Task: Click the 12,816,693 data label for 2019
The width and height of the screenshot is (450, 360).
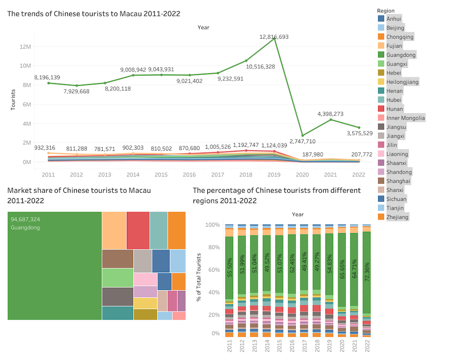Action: click(274, 36)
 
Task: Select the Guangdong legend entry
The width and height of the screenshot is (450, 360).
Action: click(400, 55)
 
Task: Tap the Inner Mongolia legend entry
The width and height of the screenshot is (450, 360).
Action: click(405, 118)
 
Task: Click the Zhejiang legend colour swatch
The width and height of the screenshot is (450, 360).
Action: click(381, 217)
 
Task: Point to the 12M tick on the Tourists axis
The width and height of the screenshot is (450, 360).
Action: click(25, 46)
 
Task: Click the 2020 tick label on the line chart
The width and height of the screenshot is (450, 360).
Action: click(302, 175)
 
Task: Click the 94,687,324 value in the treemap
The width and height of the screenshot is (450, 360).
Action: click(25, 219)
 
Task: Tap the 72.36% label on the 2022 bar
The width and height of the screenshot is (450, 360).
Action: click(366, 272)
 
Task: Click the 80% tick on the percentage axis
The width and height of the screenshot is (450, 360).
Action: click(213, 248)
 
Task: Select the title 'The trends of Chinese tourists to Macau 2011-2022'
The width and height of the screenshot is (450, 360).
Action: click(94, 14)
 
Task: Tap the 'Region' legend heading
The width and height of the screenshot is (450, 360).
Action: click(385, 10)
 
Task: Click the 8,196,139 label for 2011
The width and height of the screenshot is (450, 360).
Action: click(47, 77)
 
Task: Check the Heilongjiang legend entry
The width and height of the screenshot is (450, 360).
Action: click(402, 82)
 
